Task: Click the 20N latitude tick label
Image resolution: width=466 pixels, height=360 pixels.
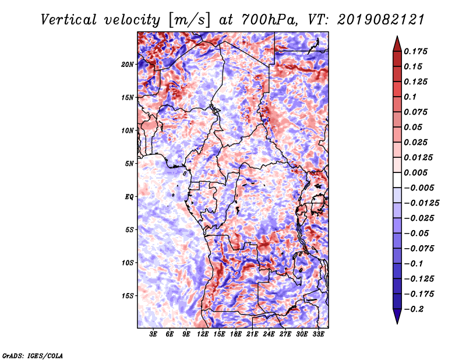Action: point(127,64)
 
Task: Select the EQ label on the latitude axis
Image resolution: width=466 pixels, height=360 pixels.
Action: point(129,196)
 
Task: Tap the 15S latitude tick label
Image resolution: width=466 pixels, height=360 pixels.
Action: point(127,296)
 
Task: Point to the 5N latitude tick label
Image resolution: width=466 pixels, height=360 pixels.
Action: point(129,164)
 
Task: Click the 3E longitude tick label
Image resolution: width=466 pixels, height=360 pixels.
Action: point(153,334)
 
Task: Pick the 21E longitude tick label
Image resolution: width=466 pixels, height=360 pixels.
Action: point(252,334)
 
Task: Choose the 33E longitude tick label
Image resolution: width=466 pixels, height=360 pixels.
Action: point(318,334)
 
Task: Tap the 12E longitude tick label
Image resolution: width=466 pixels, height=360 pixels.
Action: point(203,334)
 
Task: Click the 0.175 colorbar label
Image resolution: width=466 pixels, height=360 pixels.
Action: point(415,51)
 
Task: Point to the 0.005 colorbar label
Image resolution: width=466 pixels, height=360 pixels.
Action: point(415,172)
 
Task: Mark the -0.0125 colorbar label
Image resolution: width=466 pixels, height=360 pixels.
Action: point(421,203)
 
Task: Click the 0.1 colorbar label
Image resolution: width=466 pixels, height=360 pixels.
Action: point(410,97)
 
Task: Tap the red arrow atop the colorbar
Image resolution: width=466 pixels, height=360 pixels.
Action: point(397,44)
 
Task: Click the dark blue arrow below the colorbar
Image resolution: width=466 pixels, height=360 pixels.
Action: point(397,316)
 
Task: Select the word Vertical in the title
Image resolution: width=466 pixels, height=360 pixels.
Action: point(69,20)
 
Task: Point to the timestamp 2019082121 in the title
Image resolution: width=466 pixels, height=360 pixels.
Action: point(381,20)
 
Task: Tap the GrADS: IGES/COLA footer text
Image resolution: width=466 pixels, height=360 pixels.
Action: point(33,355)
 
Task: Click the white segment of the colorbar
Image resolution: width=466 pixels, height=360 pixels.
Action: point(397,180)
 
